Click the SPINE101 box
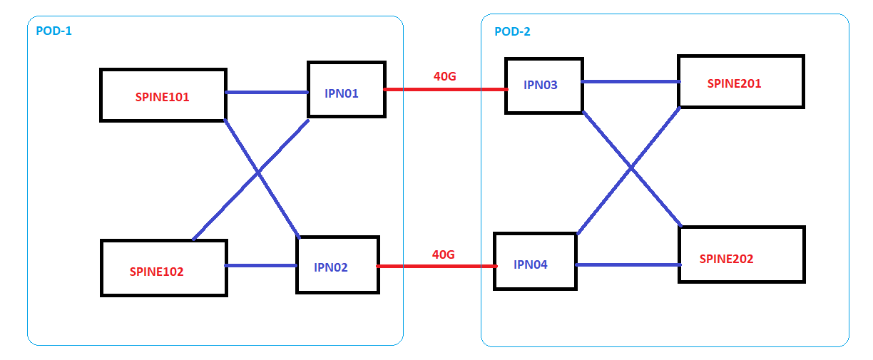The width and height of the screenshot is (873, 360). click(x=163, y=95)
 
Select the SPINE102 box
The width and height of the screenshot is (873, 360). click(x=163, y=268)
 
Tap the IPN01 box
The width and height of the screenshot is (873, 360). click(x=346, y=89)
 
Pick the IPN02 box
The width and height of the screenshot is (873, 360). click(x=338, y=264)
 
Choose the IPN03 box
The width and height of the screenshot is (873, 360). click(x=543, y=86)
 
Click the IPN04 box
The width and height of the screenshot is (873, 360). click(x=534, y=261)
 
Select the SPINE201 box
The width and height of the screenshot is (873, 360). click(x=740, y=81)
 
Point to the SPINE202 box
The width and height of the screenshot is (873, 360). click(x=741, y=254)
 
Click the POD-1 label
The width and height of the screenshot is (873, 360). click(x=53, y=31)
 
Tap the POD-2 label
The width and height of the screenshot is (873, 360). click(x=512, y=31)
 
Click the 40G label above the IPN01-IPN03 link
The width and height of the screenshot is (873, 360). click(x=444, y=76)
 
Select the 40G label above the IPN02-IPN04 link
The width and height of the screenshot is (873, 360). click(x=443, y=254)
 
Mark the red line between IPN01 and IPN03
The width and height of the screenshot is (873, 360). click(x=445, y=90)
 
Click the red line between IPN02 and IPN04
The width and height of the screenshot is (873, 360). click(x=436, y=266)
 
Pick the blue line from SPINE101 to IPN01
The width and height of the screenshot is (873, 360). click(x=267, y=92)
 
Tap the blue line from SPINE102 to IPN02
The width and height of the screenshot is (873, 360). click(x=261, y=266)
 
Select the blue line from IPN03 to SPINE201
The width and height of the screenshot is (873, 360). click(x=630, y=81)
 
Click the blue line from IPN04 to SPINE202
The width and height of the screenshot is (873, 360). click(x=627, y=265)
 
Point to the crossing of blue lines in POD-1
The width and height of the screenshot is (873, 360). click(x=257, y=173)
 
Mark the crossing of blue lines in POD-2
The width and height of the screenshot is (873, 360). click(x=631, y=169)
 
